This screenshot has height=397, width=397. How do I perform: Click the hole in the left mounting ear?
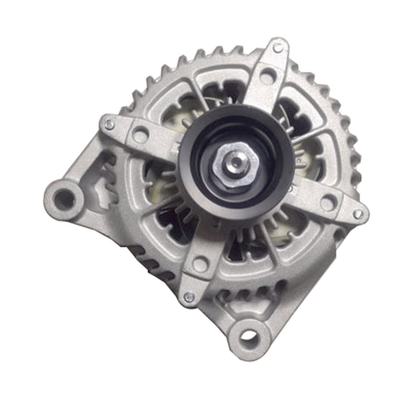click(64, 197)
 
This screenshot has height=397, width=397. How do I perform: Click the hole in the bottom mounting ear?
click(249, 337)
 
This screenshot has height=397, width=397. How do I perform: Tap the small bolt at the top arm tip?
click(278, 48)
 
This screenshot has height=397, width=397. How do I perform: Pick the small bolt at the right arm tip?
click(358, 214)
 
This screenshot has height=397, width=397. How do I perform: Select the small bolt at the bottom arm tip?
click(189, 297)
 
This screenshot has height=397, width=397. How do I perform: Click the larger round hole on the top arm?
click(267, 77)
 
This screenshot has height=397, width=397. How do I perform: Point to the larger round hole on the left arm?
click(140, 136)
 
